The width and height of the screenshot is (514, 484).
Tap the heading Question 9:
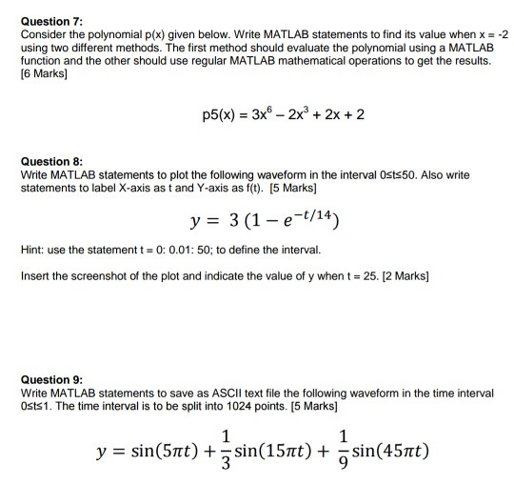click(50, 379)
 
